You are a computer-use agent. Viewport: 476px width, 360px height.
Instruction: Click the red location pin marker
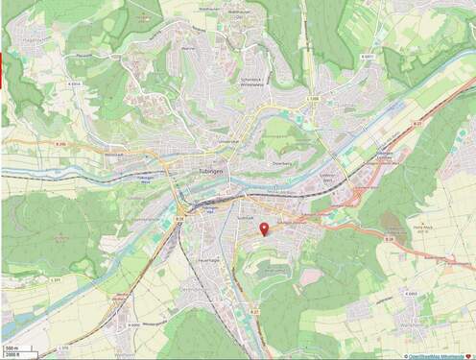pos(264,228)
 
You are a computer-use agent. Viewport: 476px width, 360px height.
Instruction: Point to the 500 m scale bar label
pos(12,348)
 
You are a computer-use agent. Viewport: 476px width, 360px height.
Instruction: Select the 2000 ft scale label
pos(12,355)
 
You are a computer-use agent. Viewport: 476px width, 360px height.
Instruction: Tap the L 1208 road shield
pos(312,98)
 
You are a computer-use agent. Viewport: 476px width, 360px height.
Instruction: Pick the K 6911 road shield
pos(369,57)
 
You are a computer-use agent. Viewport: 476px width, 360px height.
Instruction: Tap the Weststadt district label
pos(114,155)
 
